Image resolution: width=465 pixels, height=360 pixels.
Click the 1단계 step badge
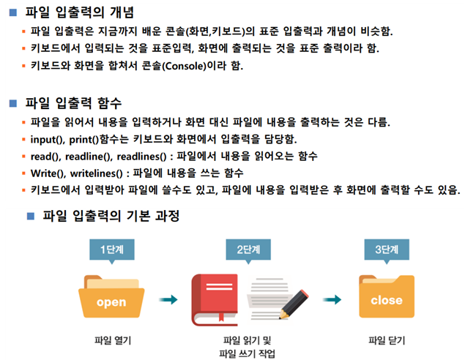tap(112, 250)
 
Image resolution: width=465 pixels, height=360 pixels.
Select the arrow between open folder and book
tap(169, 299)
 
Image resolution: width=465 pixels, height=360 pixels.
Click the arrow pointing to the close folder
tap(334, 299)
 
